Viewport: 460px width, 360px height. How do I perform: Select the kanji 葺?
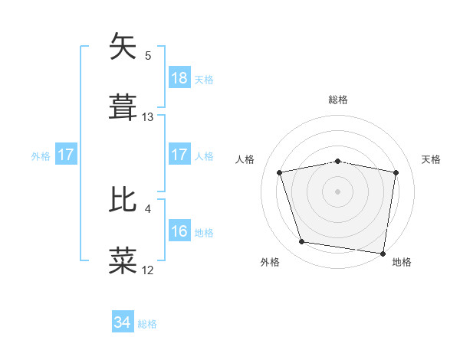[123, 108]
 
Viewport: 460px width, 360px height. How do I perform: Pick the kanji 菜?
[123, 261]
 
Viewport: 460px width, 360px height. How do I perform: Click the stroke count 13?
[148, 117]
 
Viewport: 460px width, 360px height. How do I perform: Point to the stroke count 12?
[148, 270]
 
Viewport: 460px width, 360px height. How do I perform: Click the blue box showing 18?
[179, 77]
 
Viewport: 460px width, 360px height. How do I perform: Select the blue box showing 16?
[179, 231]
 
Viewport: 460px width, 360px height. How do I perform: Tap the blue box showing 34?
[123, 322]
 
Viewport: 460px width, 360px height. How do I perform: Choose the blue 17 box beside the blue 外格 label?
[66, 155]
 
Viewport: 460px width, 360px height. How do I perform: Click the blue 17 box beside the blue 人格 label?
[179, 155]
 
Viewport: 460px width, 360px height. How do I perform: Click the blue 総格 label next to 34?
[147, 324]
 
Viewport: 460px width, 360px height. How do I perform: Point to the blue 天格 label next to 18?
[204, 79]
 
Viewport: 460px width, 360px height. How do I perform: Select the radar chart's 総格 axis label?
[338, 100]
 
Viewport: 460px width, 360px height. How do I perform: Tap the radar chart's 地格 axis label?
[402, 262]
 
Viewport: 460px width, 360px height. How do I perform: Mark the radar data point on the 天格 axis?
[396, 172]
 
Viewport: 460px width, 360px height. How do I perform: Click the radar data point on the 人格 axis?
[280, 172]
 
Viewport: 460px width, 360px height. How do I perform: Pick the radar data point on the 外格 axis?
[302, 242]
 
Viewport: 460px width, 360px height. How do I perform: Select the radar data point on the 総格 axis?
[338, 161]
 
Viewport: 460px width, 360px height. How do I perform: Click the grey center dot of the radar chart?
[338, 191]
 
